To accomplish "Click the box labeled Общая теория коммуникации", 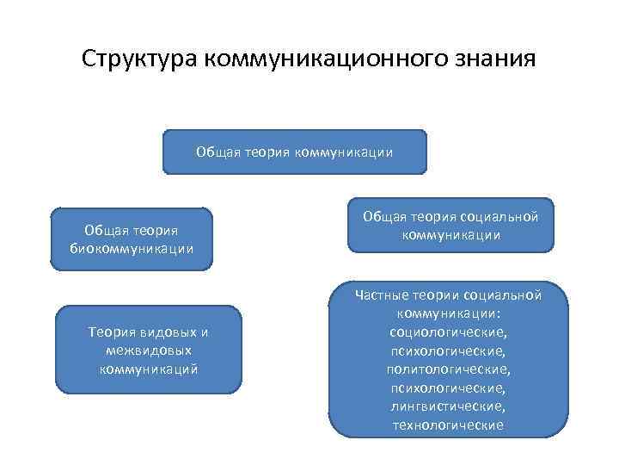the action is [295, 152].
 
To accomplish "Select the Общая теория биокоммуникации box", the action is [132, 239].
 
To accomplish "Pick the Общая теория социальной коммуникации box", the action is [450, 226].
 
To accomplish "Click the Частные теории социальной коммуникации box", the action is [448, 361].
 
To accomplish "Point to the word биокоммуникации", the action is [132, 249].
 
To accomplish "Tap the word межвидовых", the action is [149, 350].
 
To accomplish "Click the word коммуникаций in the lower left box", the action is [149, 369].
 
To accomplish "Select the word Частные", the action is [383, 295].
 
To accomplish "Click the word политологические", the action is [449, 369].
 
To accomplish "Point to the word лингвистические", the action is [449, 406].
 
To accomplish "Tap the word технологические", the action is [449, 425].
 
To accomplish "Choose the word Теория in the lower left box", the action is [110, 332].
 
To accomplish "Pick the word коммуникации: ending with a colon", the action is [449, 313].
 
